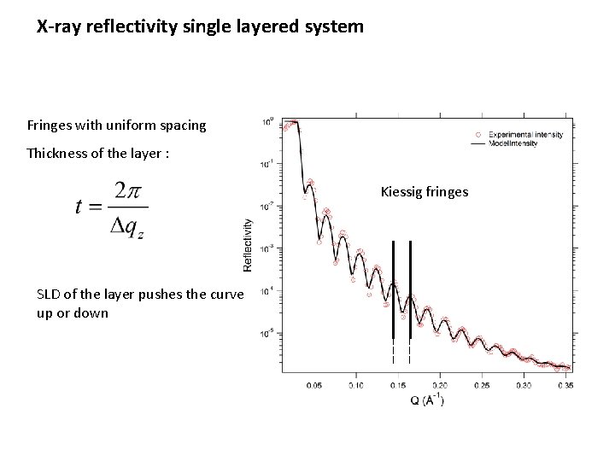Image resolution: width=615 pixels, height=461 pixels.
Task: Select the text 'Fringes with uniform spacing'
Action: (116, 125)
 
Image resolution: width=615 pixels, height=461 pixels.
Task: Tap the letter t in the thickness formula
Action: (80, 207)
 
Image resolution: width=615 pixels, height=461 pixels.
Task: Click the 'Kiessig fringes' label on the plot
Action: (424, 192)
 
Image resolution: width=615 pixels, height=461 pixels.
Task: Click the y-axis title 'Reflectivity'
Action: (249, 245)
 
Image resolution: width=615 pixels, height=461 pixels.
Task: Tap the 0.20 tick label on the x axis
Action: (440, 386)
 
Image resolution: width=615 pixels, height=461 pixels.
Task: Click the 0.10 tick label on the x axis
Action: (356, 386)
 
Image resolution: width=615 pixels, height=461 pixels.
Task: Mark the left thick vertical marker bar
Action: (393, 290)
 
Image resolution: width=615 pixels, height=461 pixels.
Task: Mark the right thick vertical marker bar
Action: (410, 290)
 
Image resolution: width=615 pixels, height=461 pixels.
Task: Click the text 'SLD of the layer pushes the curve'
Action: (140, 295)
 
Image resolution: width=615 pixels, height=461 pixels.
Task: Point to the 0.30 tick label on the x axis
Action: (523, 386)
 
